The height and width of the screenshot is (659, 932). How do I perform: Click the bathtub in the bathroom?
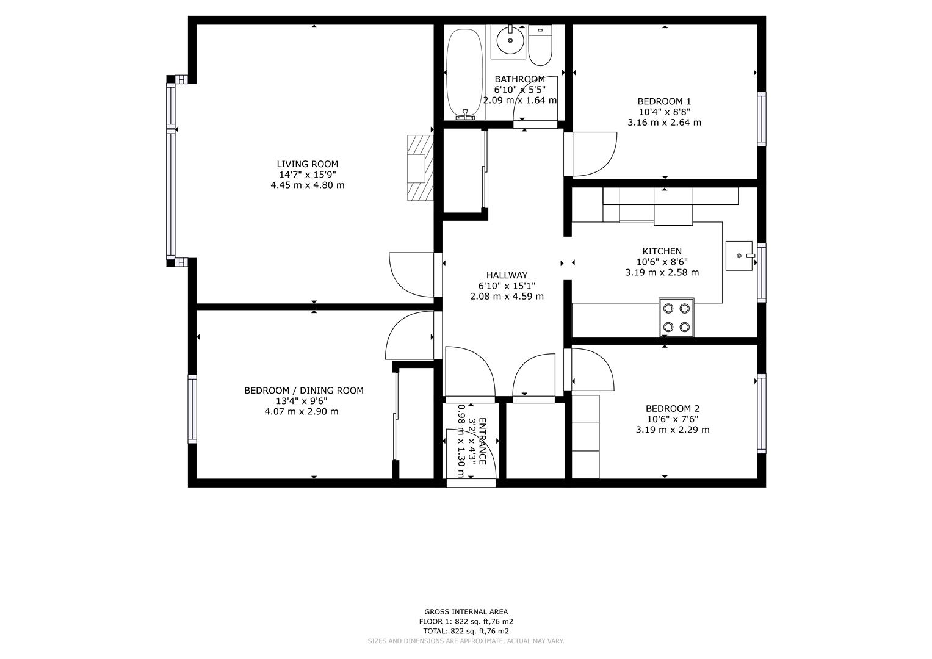[464, 74]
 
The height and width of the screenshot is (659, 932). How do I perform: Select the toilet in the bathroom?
[540, 45]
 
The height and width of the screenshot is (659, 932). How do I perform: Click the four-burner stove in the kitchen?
[676, 317]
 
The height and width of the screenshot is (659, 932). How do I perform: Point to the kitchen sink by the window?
[739, 256]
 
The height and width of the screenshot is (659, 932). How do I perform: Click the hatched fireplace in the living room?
[421, 168]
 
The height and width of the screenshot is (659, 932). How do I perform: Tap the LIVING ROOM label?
[308, 164]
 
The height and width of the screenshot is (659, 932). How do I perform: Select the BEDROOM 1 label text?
[665, 101]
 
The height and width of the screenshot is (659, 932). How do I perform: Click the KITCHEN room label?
[662, 251]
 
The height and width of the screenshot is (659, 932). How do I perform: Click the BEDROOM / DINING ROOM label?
[304, 391]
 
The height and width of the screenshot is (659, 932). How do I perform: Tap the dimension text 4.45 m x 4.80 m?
[308, 185]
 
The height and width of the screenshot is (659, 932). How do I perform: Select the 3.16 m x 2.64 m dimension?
[665, 123]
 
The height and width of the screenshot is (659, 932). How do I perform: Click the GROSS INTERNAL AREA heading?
[466, 611]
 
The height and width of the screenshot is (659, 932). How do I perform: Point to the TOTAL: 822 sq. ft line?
[466, 631]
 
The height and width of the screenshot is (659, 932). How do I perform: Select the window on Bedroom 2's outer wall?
[762, 414]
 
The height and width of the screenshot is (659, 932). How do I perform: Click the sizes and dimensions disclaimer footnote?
[466, 641]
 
